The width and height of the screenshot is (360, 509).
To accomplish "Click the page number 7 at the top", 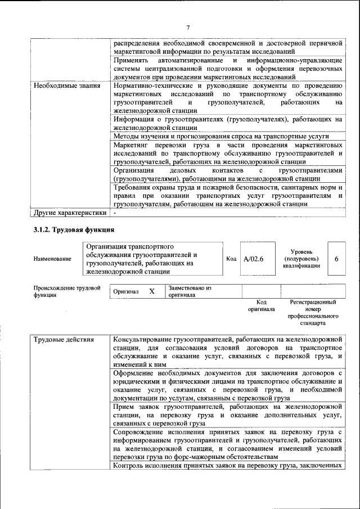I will click(188, 28).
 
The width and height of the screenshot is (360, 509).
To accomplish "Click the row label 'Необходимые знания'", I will click(66, 86).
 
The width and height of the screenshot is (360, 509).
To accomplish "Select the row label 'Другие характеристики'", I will click(69, 213).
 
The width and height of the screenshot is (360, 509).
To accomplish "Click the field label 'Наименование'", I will click(52, 259).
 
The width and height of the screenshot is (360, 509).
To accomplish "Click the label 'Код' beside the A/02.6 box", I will click(231, 259).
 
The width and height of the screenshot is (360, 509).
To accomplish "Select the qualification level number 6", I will click(336, 259).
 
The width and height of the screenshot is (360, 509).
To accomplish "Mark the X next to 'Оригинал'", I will click(151, 291).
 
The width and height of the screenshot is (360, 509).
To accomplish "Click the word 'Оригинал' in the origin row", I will click(126, 292).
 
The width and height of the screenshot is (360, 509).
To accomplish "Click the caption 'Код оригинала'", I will click(261, 305).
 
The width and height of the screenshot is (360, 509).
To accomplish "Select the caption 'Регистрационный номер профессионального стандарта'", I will click(313, 313).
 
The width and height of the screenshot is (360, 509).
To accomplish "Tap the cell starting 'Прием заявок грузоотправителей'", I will click(228, 414).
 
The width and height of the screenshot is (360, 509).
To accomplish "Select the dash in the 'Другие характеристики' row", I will click(115, 213).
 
